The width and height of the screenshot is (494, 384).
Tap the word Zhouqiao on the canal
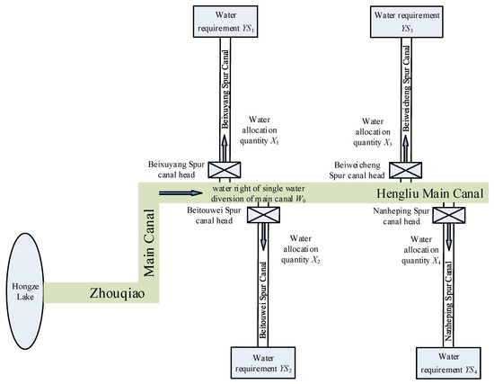coord(114,293)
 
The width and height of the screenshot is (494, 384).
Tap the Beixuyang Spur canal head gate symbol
coord(220,172)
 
